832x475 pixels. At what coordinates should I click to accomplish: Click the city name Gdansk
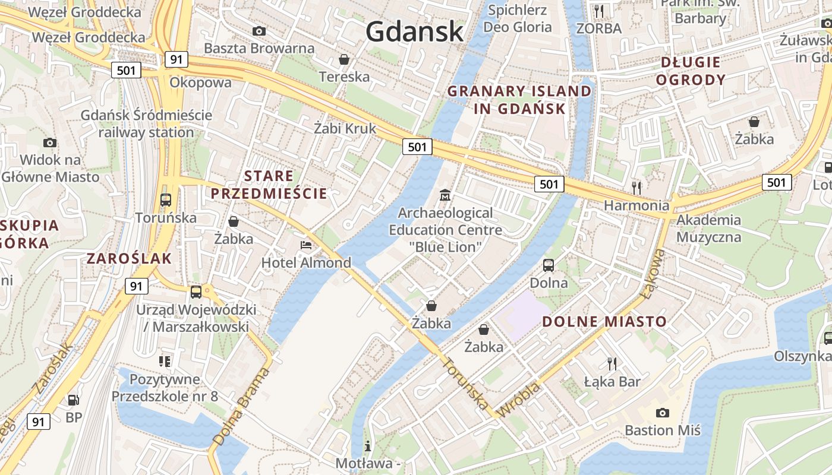[414, 31]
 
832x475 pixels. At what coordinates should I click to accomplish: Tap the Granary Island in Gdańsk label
[519, 100]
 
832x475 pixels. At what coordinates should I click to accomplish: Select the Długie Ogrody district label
[691, 71]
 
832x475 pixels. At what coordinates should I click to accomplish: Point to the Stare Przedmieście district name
[269, 185]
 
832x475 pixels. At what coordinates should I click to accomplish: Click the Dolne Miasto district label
[604, 321]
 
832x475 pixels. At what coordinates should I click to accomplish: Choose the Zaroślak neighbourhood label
[129, 258]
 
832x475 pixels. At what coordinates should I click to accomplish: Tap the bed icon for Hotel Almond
[306, 245]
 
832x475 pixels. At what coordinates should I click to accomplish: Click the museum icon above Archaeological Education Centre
[445, 195]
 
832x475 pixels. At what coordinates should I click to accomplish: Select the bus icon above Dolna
[549, 265]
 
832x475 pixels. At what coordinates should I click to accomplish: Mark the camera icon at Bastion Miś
[662, 413]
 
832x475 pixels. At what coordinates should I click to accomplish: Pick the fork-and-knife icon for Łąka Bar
[612, 363]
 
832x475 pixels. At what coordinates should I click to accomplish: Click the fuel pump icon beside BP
[73, 400]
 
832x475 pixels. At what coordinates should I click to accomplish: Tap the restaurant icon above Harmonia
[636, 188]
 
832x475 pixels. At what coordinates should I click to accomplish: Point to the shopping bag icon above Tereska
[343, 59]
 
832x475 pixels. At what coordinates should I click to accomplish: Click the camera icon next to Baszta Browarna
[259, 31]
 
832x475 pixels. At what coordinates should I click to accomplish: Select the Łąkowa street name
[655, 273]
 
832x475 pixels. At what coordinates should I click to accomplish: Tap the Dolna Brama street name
[240, 407]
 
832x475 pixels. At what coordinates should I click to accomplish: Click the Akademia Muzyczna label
[709, 229]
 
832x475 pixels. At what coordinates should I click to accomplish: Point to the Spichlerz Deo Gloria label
[517, 18]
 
